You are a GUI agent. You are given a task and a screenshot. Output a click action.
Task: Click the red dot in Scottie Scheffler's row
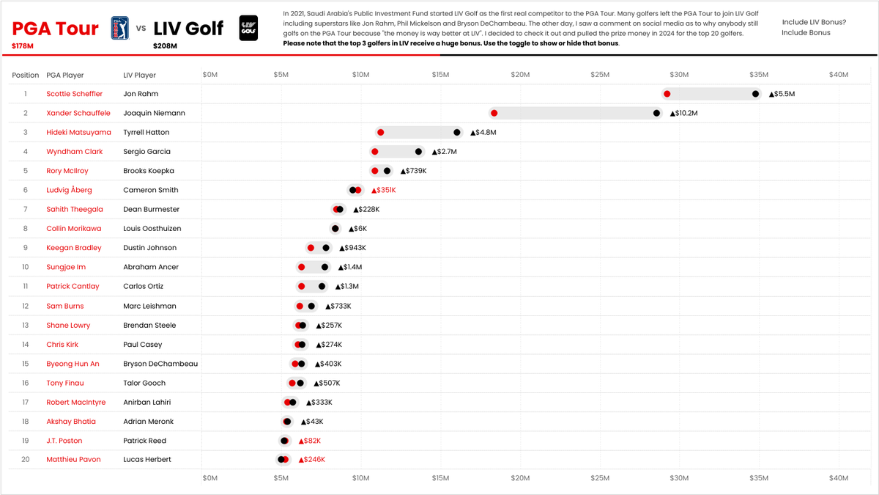tap(667, 94)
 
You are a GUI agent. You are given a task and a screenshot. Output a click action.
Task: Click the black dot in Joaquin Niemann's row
tap(656, 113)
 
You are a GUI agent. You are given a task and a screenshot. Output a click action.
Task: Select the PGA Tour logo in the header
tap(118, 29)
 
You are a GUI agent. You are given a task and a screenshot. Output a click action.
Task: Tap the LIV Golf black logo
tap(248, 29)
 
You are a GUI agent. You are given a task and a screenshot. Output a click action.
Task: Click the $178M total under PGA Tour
tap(23, 46)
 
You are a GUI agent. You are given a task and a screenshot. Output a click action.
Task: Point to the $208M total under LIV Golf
tap(164, 46)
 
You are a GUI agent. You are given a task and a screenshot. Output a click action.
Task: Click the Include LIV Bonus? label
tap(814, 22)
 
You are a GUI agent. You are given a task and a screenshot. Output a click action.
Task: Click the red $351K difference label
tap(384, 190)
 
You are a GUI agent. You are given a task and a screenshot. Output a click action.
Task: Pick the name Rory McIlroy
tap(67, 171)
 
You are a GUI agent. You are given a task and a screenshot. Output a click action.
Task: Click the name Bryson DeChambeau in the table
tap(160, 364)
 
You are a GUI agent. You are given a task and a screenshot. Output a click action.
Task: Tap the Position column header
tap(26, 75)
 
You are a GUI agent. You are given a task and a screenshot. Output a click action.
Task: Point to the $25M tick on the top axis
tap(599, 75)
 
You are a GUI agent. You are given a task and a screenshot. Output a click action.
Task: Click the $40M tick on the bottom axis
tap(838, 477)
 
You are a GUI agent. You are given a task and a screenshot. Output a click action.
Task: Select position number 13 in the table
tap(26, 325)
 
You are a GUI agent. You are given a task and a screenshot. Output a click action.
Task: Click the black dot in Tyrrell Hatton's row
tap(457, 132)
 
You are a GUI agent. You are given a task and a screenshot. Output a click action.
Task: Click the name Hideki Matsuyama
tap(78, 132)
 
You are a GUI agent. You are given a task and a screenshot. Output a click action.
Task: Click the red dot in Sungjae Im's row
tap(301, 267)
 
